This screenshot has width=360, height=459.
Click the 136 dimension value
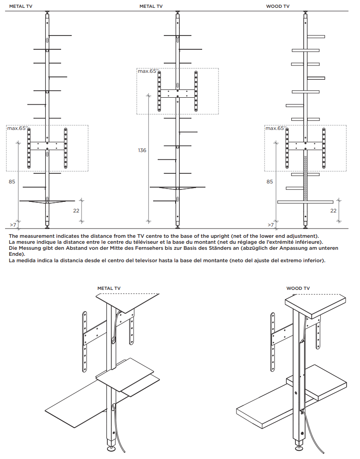142,150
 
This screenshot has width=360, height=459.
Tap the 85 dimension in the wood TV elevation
270,182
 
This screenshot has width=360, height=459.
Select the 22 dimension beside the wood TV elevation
333,210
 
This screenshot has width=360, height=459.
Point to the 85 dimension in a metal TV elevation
12,182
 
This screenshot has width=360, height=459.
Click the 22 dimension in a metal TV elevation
76,210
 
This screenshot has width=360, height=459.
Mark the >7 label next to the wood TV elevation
271,225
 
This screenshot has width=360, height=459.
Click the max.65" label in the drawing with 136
148,71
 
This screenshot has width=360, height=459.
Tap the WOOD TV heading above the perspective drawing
298,288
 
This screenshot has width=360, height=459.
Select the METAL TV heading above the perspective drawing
109,288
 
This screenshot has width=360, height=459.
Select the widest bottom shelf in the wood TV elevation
305,202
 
